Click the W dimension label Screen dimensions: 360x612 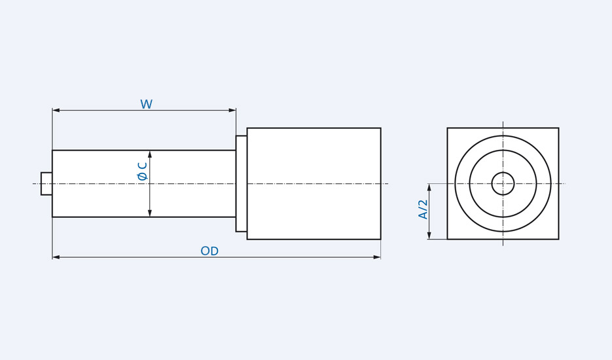point(146,105)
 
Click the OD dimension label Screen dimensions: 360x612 point(209,251)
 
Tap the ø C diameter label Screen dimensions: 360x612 point(142,171)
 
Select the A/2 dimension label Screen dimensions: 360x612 point(423,209)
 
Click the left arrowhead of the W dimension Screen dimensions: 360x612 point(56,110)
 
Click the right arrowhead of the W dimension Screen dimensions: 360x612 point(232,110)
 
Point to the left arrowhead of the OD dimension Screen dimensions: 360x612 point(56,257)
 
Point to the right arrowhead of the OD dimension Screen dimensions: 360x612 point(376,257)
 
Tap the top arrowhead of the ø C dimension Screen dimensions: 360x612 point(150,154)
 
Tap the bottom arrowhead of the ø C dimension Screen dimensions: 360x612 point(150,213)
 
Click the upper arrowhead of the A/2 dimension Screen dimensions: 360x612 point(429,188)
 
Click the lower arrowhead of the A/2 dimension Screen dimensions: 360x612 point(429,235)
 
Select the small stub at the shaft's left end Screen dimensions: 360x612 point(46,184)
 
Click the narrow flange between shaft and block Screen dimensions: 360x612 point(242,184)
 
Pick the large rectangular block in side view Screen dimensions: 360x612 point(314,184)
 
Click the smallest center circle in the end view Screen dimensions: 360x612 point(503,184)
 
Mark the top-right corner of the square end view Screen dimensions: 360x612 point(558,128)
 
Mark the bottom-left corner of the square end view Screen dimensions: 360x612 point(448,239)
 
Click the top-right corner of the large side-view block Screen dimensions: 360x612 point(380,128)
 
